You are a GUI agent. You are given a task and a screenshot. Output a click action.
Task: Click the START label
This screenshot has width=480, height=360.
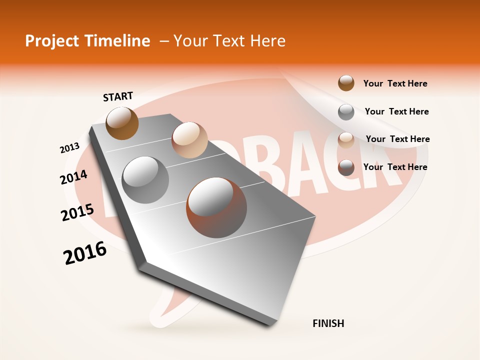coord(118,96)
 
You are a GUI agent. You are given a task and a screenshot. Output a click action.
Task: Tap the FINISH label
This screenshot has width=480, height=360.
coord(328,323)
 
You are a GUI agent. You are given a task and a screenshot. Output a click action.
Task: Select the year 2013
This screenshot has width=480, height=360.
coord(69,148)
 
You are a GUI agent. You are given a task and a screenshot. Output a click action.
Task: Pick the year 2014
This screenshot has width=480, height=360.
coord(74,177)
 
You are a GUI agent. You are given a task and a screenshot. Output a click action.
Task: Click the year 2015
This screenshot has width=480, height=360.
coord(77,212)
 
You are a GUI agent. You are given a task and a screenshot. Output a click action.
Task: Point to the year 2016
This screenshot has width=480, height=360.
coord(85,253)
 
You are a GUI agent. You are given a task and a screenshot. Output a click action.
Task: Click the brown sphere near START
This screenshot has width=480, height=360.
coord(122,123)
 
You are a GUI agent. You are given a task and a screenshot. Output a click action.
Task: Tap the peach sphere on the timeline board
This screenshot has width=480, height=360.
coord(189,140)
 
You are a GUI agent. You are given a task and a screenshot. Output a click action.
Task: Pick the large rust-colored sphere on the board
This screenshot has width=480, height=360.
coord(216,207)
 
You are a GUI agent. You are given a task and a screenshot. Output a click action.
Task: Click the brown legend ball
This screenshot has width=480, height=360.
coord(346,83)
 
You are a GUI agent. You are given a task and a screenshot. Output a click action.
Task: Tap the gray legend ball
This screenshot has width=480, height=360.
coord(346,111)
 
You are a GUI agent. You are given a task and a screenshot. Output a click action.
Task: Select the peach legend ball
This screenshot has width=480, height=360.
coord(346,139)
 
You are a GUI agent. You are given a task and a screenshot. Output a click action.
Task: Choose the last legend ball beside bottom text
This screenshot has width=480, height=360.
coord(346,167)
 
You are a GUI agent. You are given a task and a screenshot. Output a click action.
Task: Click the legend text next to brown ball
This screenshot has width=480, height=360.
coord(395,83)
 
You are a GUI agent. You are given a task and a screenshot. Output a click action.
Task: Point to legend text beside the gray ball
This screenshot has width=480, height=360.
coord(396,111)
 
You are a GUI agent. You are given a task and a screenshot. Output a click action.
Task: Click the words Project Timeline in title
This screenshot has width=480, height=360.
coord(87,41)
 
